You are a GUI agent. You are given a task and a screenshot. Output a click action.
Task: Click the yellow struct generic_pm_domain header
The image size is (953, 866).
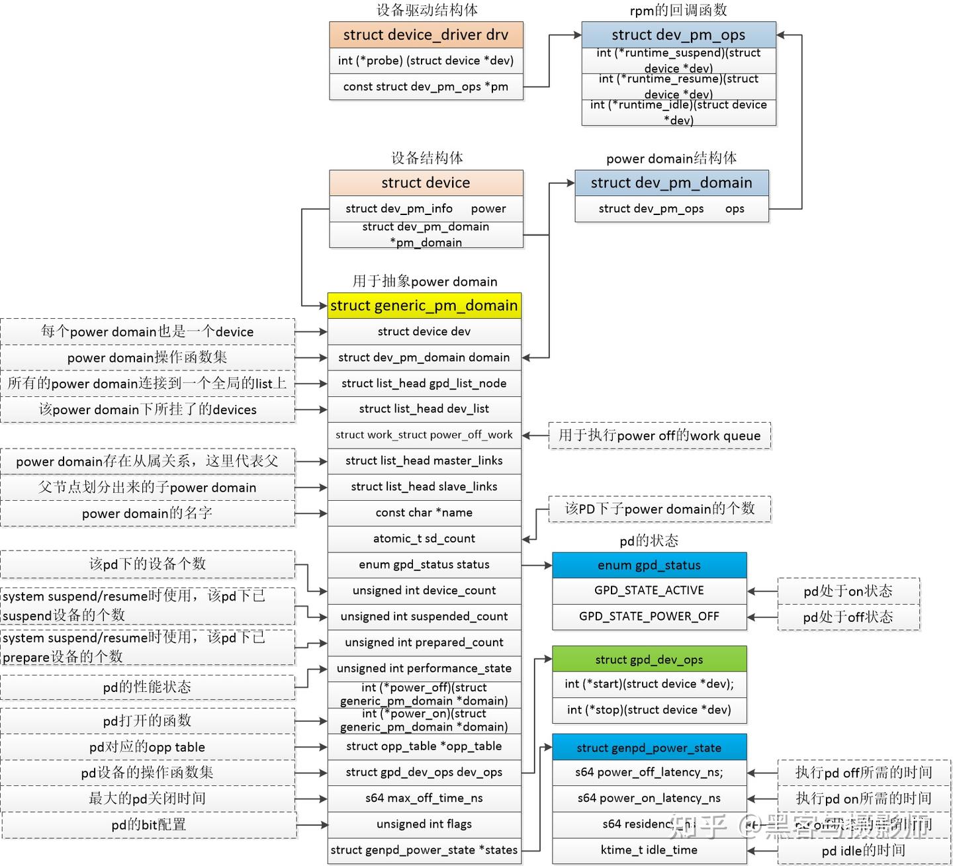[x=424, y=306]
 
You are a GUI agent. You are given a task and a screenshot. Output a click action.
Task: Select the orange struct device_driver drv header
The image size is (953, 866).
[x=426, y=35]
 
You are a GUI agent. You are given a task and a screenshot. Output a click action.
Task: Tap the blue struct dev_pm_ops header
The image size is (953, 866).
[x=678, y=35]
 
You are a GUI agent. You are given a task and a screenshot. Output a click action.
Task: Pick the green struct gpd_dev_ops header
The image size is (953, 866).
[x=649, y=659]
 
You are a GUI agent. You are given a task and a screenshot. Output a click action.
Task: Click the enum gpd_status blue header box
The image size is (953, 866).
[x=649, y=565]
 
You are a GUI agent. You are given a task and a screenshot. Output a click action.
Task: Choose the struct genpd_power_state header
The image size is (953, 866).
[x=649, y=748]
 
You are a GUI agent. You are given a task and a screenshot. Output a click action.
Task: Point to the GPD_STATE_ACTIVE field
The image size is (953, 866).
[x=649, y=590]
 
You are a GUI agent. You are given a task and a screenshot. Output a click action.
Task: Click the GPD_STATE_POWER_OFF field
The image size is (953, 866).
[x=649, y=616]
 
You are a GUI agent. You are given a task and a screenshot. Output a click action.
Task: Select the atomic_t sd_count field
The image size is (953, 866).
[x=424, y=539]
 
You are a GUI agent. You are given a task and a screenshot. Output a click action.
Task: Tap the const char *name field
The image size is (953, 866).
[x=424, y=513]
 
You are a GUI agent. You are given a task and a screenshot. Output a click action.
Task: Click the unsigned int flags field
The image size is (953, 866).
[x=424, y=824]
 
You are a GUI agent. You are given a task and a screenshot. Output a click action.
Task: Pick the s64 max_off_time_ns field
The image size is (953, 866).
[x=424, y=798]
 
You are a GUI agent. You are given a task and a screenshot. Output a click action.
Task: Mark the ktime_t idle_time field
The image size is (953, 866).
[x=649, y=850]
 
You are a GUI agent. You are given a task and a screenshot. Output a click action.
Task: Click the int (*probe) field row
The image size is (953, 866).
[x=426, y=61]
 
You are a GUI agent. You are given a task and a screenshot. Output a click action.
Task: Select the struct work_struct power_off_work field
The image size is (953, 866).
[x=424, y=435]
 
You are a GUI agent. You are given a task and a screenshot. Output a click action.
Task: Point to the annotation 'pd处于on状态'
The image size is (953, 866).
[x=848, y=591]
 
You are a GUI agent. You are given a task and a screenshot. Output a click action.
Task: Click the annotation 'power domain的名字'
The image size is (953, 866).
[x=147, y=513]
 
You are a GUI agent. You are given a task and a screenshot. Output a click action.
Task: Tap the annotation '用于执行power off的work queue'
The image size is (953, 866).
[x=659, y=435]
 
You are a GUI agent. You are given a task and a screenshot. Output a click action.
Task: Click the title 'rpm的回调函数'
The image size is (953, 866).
[x=678, y=10]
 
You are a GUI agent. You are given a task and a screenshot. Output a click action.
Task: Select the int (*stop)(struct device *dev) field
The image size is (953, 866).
[x=649, y=710]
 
